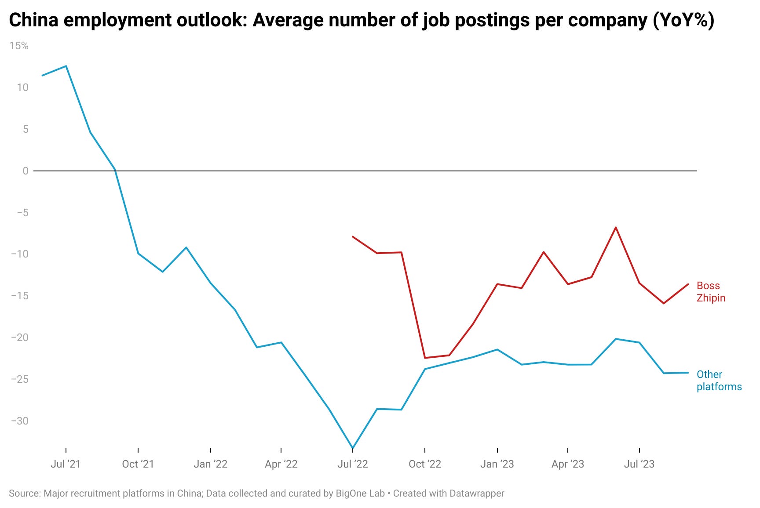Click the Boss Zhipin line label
(x=710, y=292)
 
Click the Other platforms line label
(x=719, y=381)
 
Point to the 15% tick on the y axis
(x=18, y=46)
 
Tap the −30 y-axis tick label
(x=19, y=421)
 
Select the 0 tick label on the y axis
(x=26, y=171)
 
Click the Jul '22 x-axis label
(x=352, y=464)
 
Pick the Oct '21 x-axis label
(x=138, y=464)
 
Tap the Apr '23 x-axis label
(x=567, y=464)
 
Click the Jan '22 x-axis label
(x=210, y=464)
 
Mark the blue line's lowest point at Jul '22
(x=353, y=448)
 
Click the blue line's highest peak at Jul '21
(x=66, y=66)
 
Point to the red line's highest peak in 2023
(x=615, y=228)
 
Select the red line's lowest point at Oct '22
(x=425, y=358)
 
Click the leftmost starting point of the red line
(x=353, y=237)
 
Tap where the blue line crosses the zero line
(x=115, y=171)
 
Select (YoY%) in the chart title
(x=683, y=20)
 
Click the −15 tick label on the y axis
(x=19, y=296)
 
